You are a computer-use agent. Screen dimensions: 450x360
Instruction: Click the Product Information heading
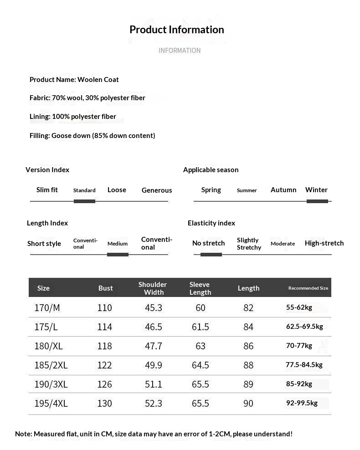click(177, 30)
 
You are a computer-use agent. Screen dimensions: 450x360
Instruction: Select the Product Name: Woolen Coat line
click(74, 79)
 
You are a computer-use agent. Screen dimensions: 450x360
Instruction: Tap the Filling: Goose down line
click(92, 135)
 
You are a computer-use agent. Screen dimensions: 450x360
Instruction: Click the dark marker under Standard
click(84, 201)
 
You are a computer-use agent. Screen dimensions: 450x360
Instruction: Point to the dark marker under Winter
click(317, 201)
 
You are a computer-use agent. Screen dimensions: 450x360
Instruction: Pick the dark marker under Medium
click(118, 254)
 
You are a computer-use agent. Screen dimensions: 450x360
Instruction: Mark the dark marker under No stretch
click(211, 254)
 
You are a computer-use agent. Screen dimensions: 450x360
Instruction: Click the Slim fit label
click(47, 190)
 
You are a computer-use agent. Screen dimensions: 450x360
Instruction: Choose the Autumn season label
click(283, 190)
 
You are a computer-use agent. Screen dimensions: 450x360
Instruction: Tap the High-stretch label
click(324, 243)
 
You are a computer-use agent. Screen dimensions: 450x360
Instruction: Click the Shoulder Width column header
click(153, 288)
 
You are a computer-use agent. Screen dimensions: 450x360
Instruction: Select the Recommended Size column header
click(308, 288)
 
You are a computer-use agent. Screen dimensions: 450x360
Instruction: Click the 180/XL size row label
click(48, 346)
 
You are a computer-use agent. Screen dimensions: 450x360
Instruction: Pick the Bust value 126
click(104, 384)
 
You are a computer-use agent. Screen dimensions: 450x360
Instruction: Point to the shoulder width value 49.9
click(154, 365)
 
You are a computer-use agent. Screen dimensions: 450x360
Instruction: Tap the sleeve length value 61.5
click(201, 327)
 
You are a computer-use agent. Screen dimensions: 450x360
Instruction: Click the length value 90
click(248, 404)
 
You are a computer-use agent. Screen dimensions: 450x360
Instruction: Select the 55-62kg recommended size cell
click(299, 307)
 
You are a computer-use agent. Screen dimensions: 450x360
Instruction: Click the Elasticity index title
click(211, 223)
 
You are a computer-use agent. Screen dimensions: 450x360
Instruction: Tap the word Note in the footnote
click(23, 434)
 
